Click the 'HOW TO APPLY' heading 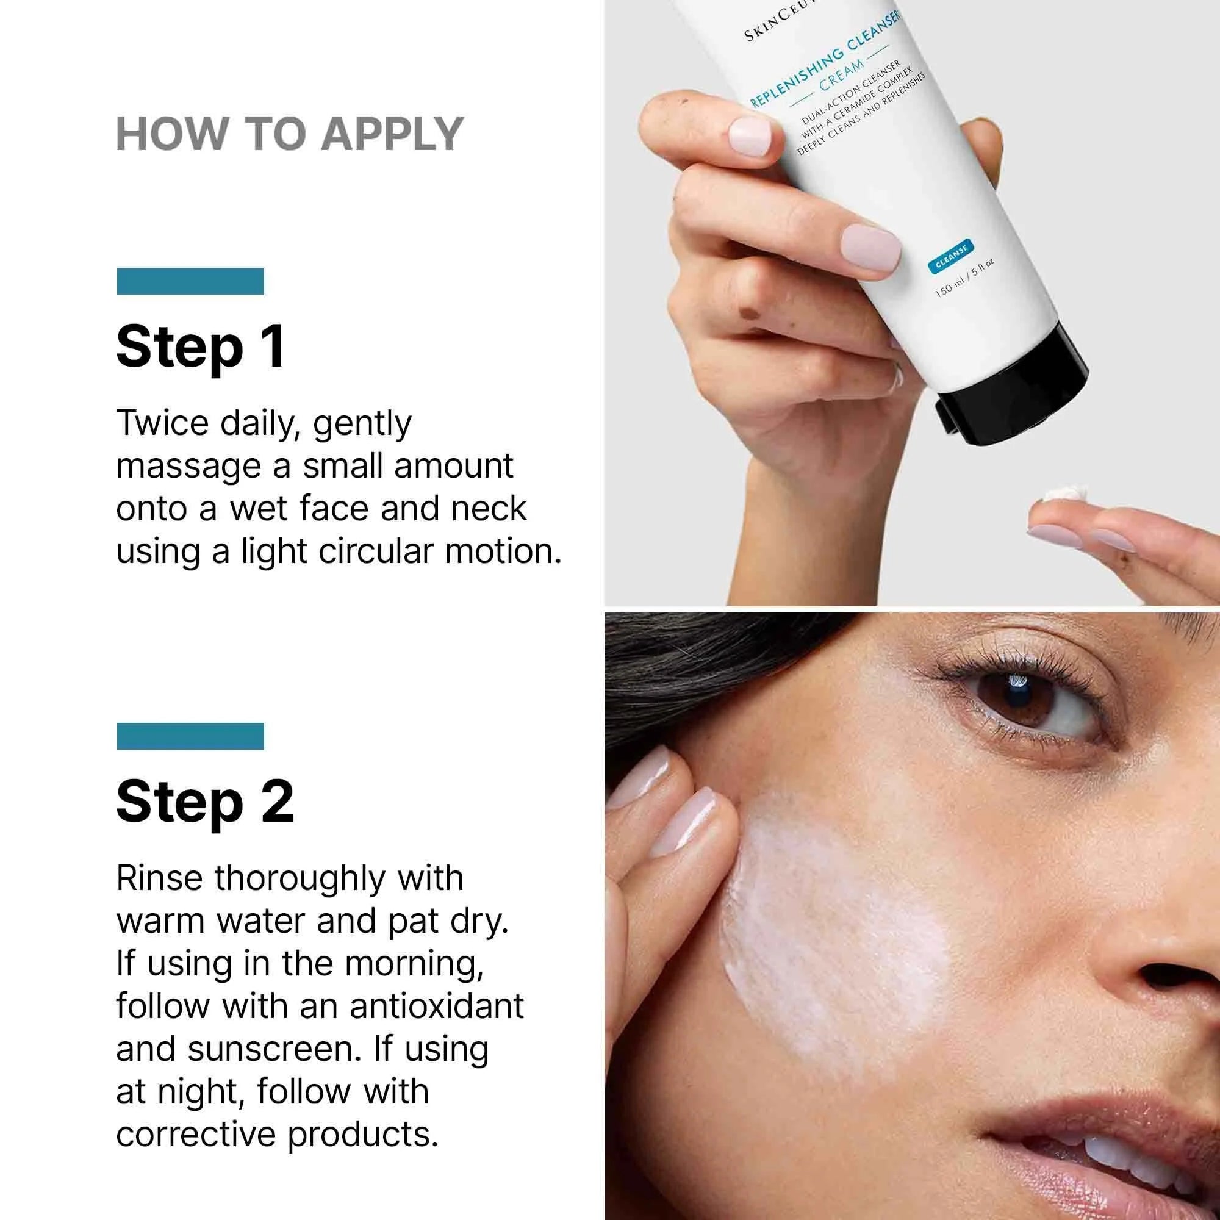tap(290, 134)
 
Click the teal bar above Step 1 tap(190, 281)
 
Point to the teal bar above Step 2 tap(190, 736)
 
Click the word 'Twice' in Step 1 tap(162, 423)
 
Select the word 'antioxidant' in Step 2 tap(436, 1005)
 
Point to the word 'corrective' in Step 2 tap(196, 1134)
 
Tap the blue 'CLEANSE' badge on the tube tap(951, 255)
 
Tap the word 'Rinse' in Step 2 tap(159, 878)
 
